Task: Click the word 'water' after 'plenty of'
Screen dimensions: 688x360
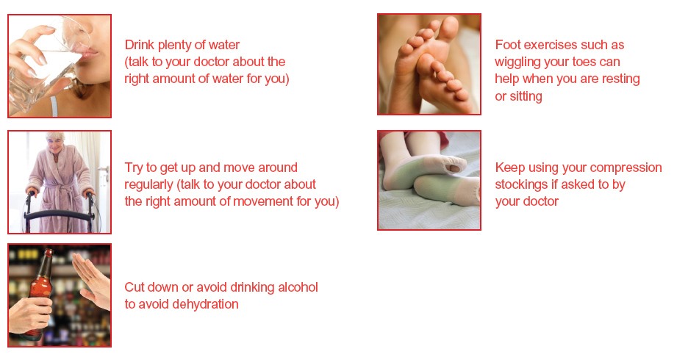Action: tap(224, 45)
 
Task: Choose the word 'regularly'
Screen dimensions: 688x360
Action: tap(148, 185)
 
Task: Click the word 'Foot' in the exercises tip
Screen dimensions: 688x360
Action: tap(507, 45)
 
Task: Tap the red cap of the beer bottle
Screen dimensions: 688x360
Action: tap(49, 252)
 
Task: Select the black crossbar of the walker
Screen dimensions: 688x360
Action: tap(60, 215)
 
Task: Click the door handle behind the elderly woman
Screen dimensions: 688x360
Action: tap(104, 170)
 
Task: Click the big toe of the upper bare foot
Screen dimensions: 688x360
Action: tap(449, 29)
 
